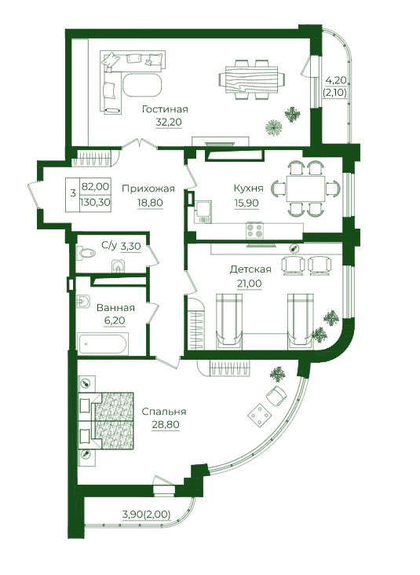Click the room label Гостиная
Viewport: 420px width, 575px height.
tap(165, 109)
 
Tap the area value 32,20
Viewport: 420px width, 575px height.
tap(169, 122)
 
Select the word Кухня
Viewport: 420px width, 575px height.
tap(249, 189)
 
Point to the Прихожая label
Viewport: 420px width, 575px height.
tap(148, 189)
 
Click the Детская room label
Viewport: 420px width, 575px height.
tap(250, 269)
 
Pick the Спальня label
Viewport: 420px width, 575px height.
tap(164, 412)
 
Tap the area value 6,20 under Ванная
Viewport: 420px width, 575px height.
tap(115, 320)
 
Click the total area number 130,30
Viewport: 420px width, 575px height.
tap(96, 203)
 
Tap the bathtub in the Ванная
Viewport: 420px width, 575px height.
tap(103, 344)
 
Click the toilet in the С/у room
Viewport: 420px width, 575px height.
tap(86, 253)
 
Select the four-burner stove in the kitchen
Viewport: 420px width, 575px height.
tap(254, 230)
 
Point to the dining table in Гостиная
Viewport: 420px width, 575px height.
tap(251, 79)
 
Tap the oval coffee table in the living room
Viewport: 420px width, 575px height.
tap(142, 86)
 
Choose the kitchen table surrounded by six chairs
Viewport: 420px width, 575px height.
tap(305, 189)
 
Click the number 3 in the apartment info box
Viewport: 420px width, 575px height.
tap(73, 193)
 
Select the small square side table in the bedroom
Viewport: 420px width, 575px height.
tap(260, 416)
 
